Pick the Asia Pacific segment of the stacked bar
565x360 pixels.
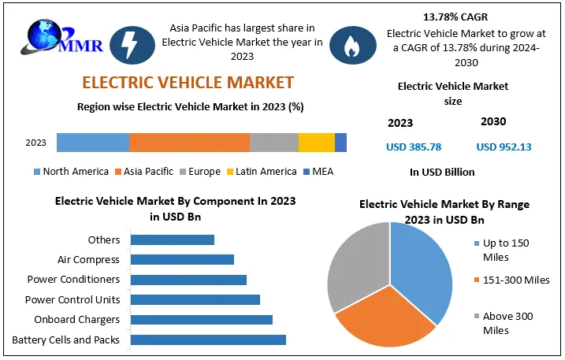(189, 143)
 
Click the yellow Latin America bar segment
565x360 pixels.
(316, 143)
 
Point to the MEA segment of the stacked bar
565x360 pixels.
(340, 143)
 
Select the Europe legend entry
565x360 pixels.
(200, 172)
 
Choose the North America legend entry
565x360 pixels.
(71, 172)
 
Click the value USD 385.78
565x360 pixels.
(413, 147)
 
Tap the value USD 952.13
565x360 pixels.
(504, 147)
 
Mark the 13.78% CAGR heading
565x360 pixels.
(454, 15)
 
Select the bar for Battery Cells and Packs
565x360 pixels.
(208, 340)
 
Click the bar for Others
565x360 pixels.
(172, 239)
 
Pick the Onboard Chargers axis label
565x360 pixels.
(76, 319)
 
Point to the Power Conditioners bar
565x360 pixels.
(188, 280)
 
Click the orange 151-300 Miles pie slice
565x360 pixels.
(386, 319)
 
